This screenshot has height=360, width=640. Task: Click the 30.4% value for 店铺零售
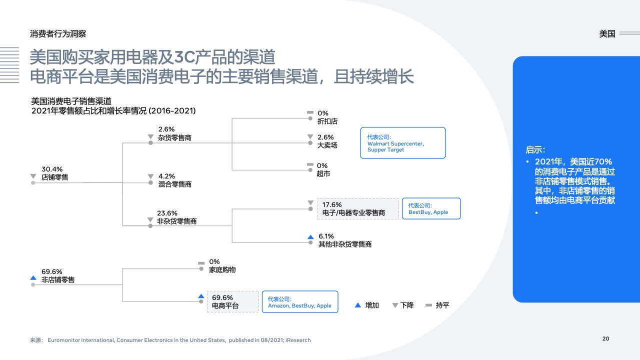[52, 169]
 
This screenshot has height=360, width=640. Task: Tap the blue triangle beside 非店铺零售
[33, 277]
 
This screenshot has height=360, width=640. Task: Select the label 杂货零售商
[174, 137]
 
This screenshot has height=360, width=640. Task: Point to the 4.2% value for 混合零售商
[166, 176]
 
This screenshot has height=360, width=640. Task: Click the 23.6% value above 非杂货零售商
[167, 213]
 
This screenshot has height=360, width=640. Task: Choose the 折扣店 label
[327, 121]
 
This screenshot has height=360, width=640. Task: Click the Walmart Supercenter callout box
[403, 143]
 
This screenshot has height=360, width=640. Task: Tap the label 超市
[323, 173]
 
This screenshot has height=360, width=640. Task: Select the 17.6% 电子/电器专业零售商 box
[358, 209]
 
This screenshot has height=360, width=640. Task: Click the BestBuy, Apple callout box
[431, 208]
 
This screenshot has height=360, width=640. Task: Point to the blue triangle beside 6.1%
[310, 237]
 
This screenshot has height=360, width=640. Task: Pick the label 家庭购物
[222, 269]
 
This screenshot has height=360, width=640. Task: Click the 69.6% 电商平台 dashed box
[233, 301]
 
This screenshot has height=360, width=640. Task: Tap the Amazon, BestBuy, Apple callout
[300, 302]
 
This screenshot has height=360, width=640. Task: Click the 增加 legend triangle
[357, 305]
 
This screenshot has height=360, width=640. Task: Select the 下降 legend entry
[403, 305]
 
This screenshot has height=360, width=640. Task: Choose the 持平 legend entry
[437, 305]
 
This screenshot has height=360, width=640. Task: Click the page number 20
[605, 338]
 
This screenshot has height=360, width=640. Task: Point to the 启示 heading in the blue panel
[535, 149]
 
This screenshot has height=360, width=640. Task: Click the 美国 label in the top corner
[607, 33]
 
